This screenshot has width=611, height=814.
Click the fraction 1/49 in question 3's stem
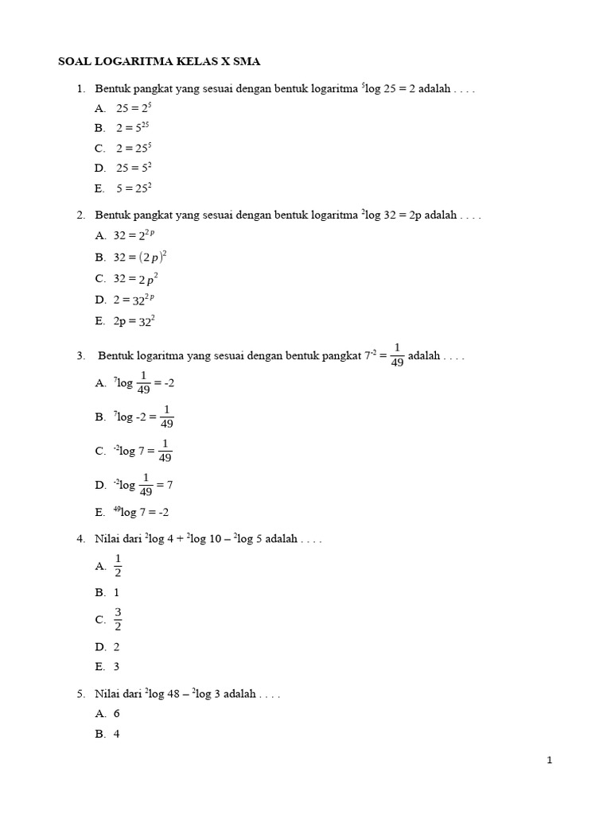pos(398,355)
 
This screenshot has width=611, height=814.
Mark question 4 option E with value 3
pos(117,667)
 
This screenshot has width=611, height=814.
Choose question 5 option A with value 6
pos(117,714)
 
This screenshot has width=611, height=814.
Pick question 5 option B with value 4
pos(117,735)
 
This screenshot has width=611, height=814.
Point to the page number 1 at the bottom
pos(550,761)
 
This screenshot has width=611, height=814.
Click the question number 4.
pos(81,539)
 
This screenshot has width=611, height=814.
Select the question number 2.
pos(81,215)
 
